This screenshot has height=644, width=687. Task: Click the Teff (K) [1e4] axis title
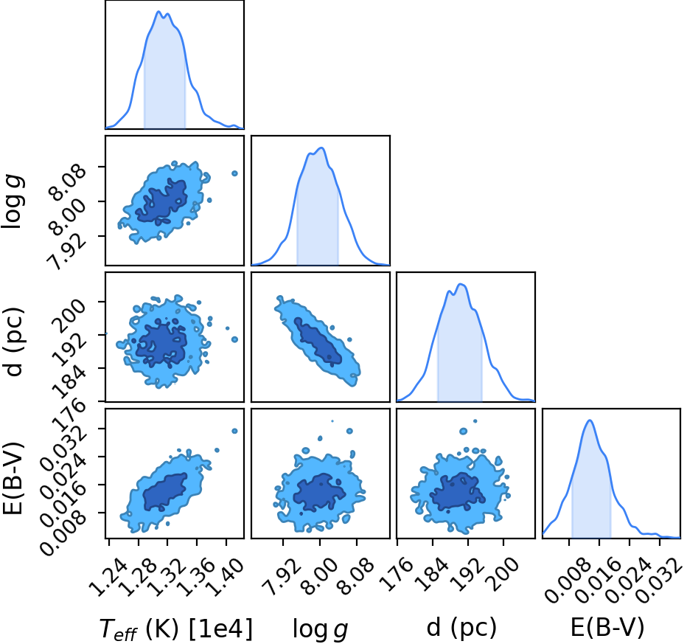click(176, 629)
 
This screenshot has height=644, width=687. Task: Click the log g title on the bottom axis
click(320, 629)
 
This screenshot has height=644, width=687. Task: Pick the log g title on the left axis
click(13, 201)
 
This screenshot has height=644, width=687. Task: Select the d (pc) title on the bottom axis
click(461, 627)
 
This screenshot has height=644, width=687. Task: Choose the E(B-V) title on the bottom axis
click(607, 627)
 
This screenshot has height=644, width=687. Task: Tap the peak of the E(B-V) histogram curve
click(590, 420)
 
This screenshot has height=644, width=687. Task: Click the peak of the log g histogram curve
click(322, 148)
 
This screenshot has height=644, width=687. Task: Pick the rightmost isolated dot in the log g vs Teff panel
click(234, 173)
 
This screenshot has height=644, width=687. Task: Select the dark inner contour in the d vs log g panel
click(318, 341)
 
